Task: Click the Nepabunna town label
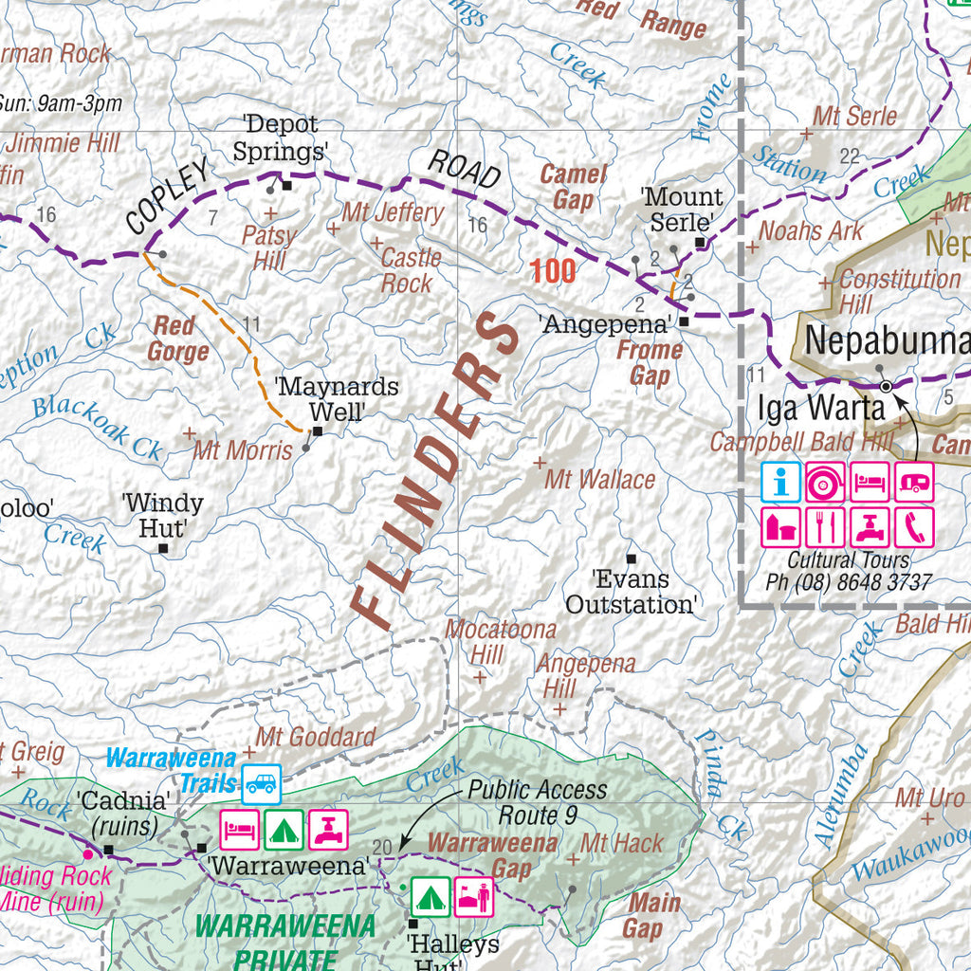[887, 341]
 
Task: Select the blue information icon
[780, 483]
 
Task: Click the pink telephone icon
[914, 527]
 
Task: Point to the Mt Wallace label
[599, 480]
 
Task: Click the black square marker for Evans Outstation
[631, 559]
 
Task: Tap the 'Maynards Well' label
[337, 399]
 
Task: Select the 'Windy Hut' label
[162, 515]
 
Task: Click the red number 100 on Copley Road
[553, 271]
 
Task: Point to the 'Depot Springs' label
[281, 137]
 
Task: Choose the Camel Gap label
[573, 187]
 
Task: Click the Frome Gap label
[650, 362]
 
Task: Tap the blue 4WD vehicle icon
[261, 783]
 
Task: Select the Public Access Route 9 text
[538, 802]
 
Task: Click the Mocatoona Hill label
[487, 641]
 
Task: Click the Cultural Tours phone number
[849, 583]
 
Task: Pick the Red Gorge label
[177, 339]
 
